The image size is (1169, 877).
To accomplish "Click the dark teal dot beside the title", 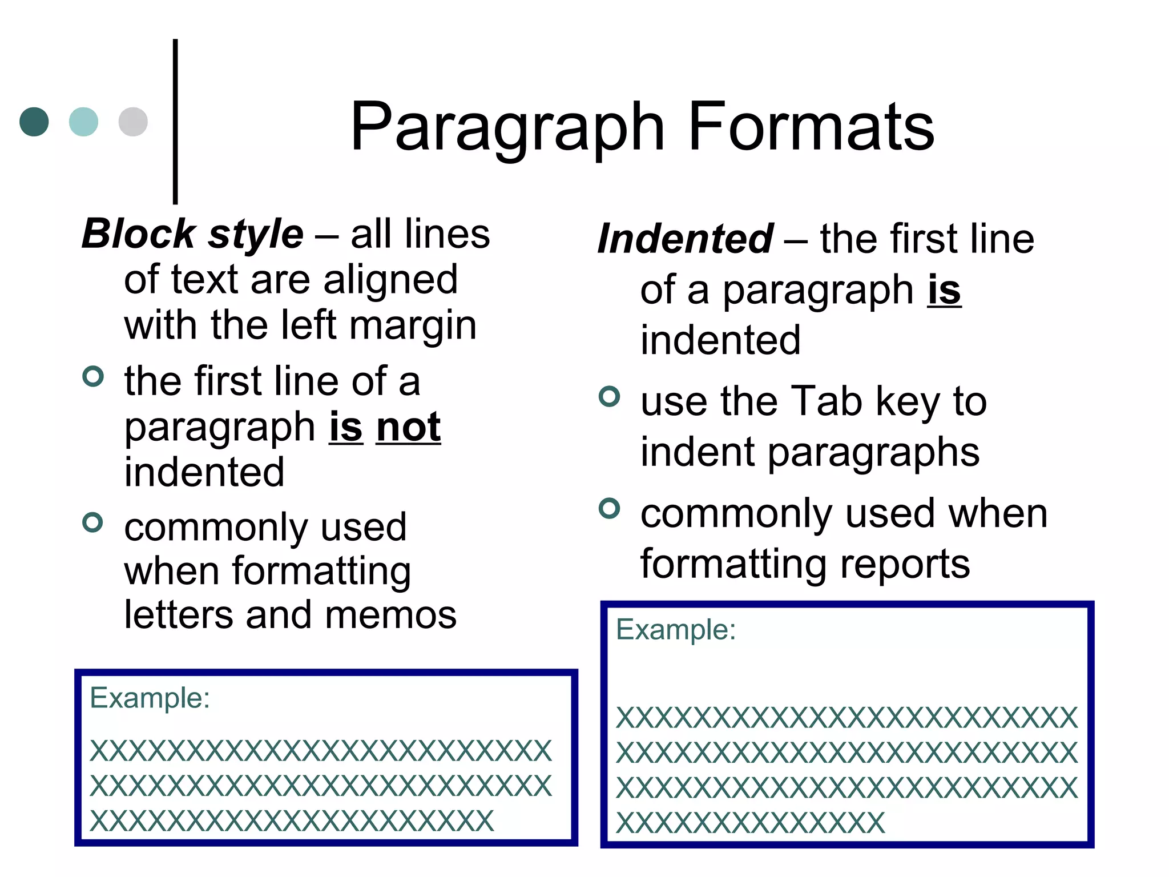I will pos(34,122).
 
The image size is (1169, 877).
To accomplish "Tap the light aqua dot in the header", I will pos(83,122).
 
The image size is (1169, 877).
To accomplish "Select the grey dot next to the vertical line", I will pos(133,122).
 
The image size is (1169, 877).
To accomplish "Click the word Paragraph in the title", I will pos(507,128).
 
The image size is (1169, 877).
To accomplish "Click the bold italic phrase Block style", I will pos(192,234).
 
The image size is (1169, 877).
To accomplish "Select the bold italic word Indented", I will pos(685,239).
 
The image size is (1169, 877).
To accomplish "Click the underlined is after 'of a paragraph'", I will pos(944,290).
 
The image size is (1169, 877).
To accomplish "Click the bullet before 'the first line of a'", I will pos(93,376).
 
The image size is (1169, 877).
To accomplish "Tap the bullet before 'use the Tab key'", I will pos(609,396).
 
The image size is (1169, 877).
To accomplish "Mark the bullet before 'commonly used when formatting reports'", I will pos(609,508).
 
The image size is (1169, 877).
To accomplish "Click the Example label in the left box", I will pos(150,698).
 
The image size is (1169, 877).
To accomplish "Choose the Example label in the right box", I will pos(676,630).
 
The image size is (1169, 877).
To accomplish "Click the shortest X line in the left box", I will pos(292,821).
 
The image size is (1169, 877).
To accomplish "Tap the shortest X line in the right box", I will pos(750,823).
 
